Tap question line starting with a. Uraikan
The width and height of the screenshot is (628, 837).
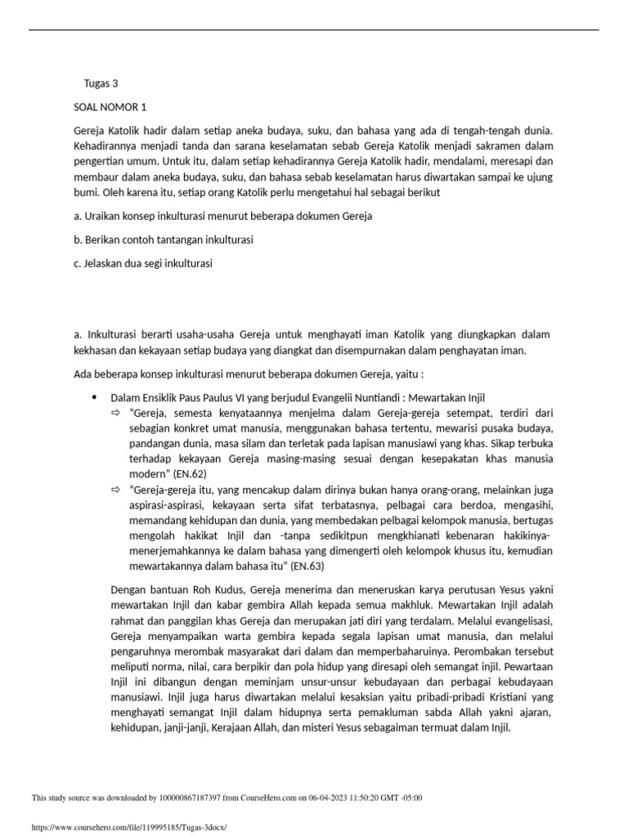[x=222, y=217]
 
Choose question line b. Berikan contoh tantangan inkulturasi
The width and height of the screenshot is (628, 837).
[x=164, y=240]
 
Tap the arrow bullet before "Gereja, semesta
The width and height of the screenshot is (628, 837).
[x=115, y=414]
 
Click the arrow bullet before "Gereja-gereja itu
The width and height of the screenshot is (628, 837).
[x=115, y=491]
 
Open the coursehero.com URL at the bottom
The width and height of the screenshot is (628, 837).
[x=128, y=827]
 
